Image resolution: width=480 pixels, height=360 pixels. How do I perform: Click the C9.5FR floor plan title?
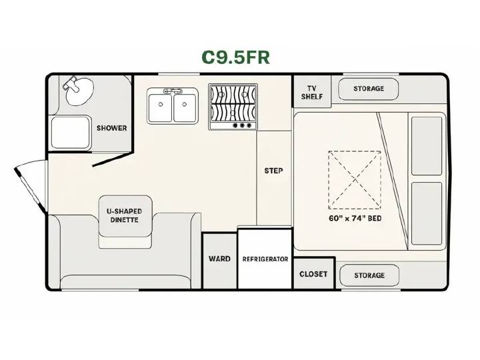pos(236,57)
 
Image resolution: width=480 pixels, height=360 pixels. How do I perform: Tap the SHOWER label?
pos(112,128)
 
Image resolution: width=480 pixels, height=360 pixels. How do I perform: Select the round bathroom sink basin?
pos(79,92)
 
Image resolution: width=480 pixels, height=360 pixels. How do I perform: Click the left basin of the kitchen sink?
pos(160,108)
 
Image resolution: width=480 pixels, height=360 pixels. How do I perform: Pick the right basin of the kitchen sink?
pos(185,108)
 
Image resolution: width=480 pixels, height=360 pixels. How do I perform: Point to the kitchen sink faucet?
pos(173,91)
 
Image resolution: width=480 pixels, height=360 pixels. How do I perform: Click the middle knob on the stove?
pos(242,125)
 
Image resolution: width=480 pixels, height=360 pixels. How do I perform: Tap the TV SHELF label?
pos(312,93)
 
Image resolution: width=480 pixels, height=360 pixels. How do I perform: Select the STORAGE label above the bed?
pos(369,89)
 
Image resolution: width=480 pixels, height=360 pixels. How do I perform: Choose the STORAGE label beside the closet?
pos(369,275)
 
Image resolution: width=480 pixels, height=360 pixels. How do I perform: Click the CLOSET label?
pos(313,274)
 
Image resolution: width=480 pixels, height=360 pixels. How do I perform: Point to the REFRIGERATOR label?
pos(265,259)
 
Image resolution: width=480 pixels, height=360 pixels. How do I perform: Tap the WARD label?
pos(219,259)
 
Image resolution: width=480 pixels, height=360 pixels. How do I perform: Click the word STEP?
pos(274,171)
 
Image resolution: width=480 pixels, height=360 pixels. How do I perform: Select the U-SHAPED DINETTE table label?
pos(124,215)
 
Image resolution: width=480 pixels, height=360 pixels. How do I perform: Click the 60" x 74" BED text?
pos(355,218)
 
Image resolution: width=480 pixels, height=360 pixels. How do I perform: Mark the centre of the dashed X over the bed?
pos(355,180)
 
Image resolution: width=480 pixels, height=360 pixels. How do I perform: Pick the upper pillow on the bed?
pos(427,146)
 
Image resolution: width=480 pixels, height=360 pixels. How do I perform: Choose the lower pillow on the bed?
pos(427,214)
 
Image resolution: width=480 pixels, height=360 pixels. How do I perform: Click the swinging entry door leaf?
pos(30,191)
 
